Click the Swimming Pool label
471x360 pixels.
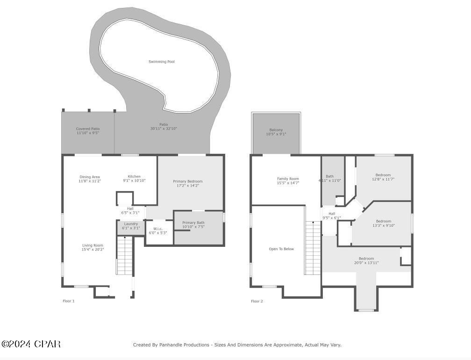click(x=162, y=62)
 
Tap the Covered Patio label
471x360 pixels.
click(x=88, y=129)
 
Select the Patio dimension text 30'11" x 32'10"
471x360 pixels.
click(x=164, y=129)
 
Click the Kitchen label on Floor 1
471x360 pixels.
click(x=134, y=177)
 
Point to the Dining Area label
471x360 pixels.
click(x=89, y=177)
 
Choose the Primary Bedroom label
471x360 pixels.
click(x=187, y=181)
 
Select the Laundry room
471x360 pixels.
click(x=130, y=226)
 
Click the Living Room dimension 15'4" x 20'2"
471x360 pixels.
click(x=93, y=250)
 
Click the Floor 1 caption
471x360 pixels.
click(x=69, y=301)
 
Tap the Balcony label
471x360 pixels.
click(x=276, y=130)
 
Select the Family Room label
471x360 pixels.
click(x=288, y=179)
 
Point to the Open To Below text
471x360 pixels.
click(x=281, y=249)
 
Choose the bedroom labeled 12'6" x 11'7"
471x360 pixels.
click(x=383, y=177)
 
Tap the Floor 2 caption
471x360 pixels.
click(x=257, y=301)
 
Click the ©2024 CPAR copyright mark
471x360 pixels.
click(x=31, y=344)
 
